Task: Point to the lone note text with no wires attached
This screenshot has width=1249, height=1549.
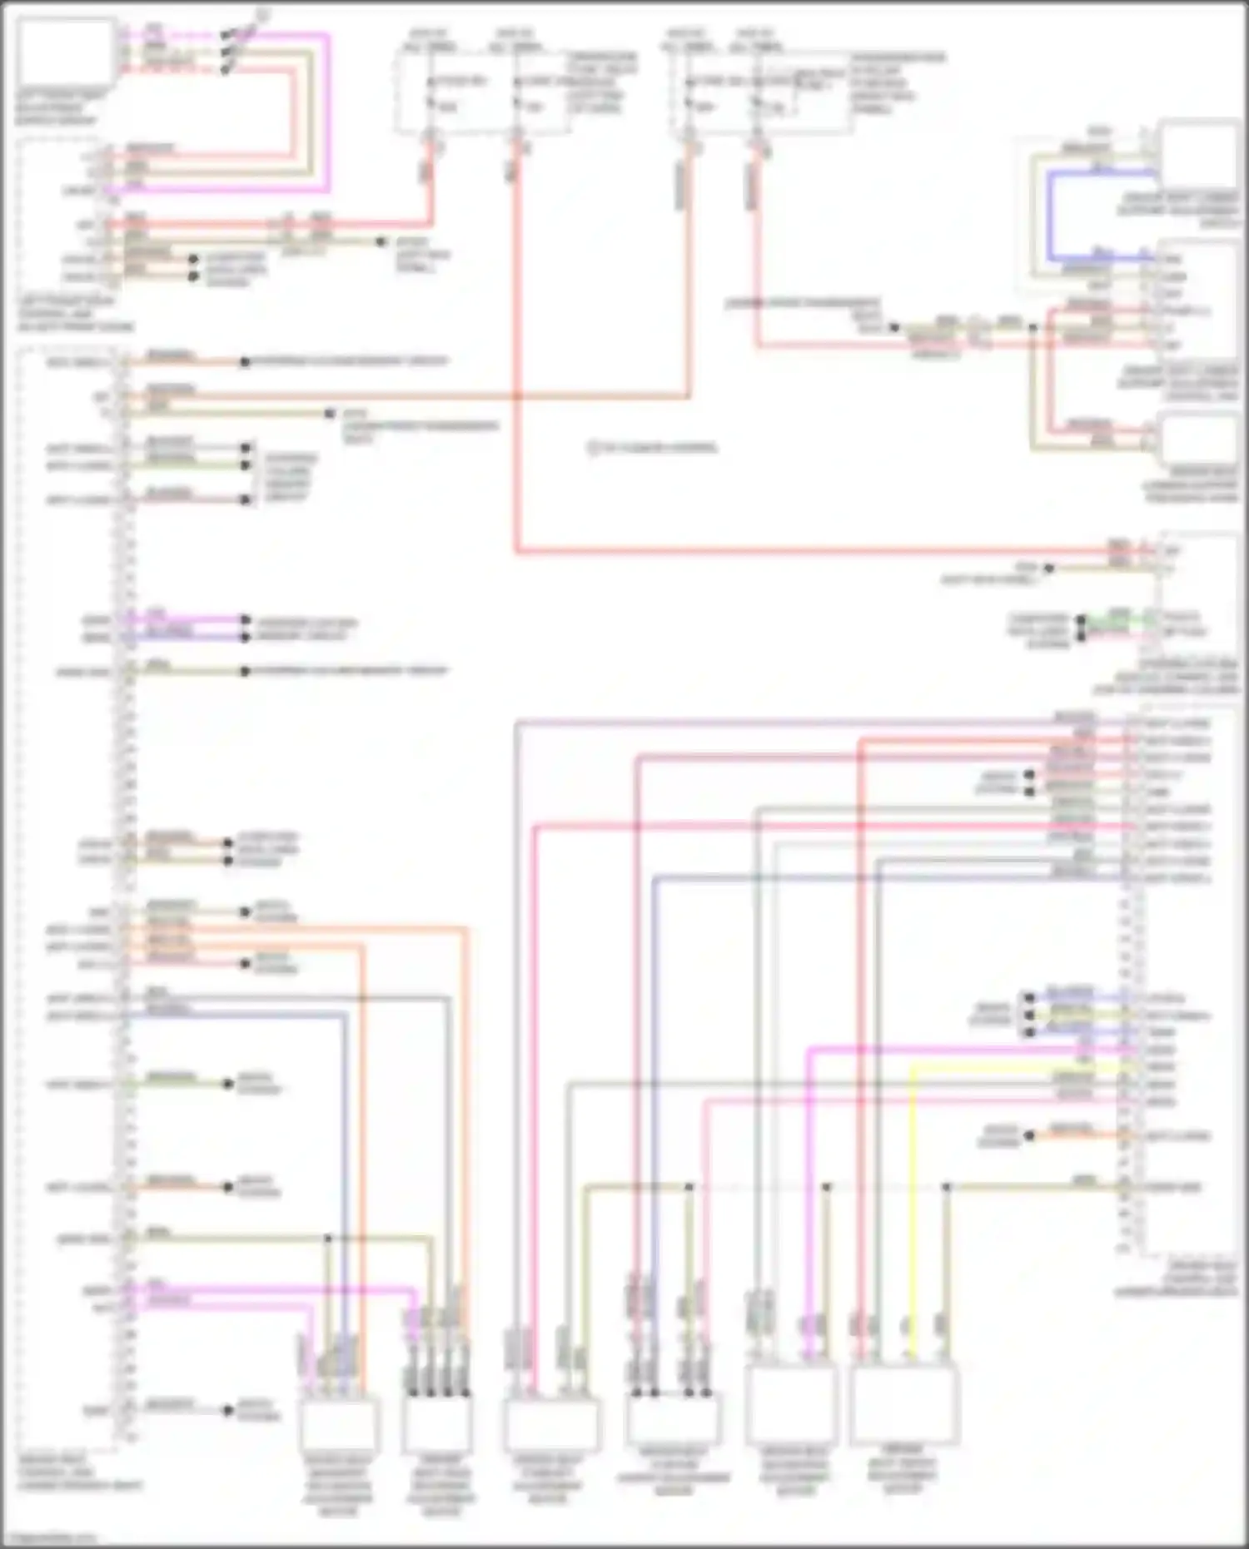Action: click(x=653, y=448)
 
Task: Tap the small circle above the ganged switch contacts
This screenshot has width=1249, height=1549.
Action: click(x=261, y=13)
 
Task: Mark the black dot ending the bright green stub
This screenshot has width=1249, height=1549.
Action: click(x=1081, y=620)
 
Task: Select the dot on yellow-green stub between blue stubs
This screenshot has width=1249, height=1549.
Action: click(x=1029, y=1015)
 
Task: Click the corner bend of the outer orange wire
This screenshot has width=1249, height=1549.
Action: click(x=465, y=928)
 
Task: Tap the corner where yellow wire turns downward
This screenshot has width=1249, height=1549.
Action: click(x=913, y=1067)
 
